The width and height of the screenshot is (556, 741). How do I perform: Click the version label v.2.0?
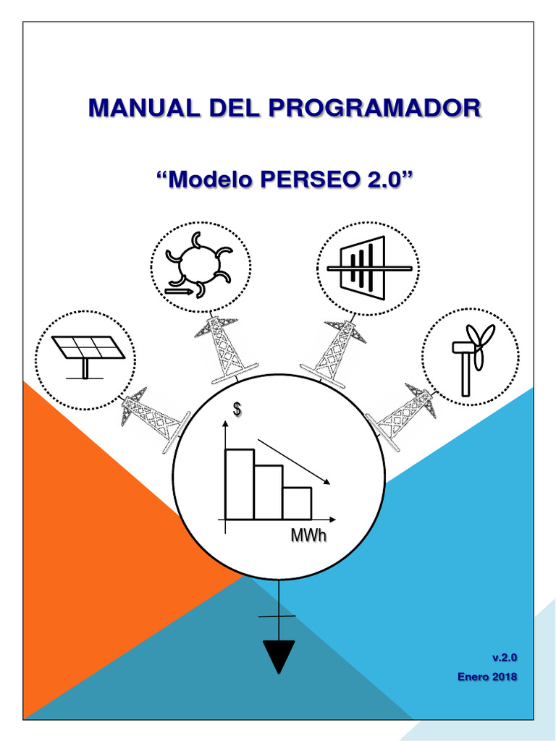point(505,657)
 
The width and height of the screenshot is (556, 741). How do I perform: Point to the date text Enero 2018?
point(487,677)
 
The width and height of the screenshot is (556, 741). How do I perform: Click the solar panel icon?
point(85,352)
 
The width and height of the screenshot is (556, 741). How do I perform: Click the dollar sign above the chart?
point(236,410)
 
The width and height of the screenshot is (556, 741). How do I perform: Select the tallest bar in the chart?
point(240,484)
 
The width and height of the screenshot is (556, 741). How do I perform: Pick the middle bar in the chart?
point(269,492)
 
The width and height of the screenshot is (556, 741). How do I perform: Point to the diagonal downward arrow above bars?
point(293,461)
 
